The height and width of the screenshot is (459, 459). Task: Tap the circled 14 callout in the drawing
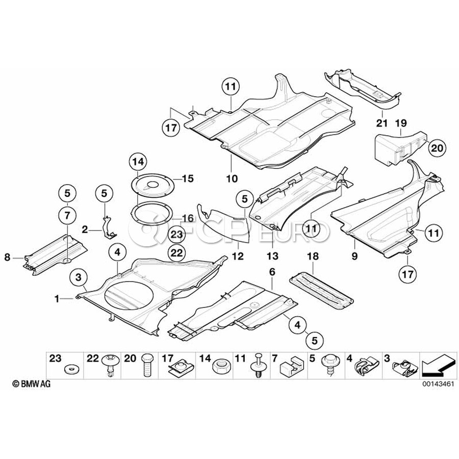pos(138,162)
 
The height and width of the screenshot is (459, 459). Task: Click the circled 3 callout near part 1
pos(78,277)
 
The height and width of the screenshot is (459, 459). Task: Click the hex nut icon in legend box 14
pos(221,365)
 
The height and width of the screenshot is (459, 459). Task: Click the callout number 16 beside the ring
pos(187,218)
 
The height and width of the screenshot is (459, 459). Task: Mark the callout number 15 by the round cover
pos(187,178)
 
